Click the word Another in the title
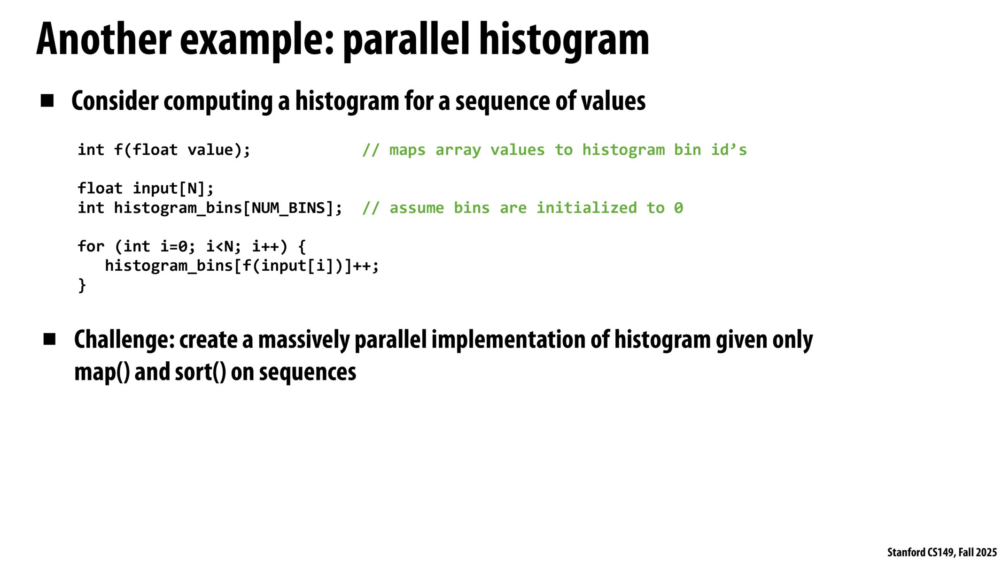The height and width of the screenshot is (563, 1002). click(104, 39)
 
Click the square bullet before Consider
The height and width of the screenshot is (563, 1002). click(47, 100)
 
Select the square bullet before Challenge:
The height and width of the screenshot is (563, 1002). click(49, 339)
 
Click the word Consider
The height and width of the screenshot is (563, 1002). click(115, 101)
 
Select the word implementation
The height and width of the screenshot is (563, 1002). click(508, 341)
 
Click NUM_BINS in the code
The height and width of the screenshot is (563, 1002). click(289, 208)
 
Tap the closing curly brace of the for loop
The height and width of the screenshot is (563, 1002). click(82, 285)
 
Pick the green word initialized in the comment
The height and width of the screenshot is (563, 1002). click(587, 208)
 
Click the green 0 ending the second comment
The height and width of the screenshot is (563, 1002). click(678, 208)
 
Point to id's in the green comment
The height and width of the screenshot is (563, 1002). click(729, 150)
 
